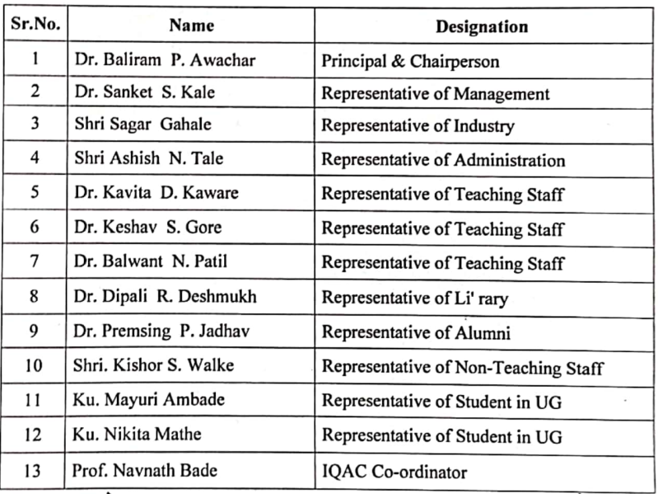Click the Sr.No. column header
[x=35, y=25]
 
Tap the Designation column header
[x=481, y=26]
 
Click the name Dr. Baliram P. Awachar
[x=149, y=60]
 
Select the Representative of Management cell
[x=435, y=93]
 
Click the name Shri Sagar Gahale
[x=142, y=125]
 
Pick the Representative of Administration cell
[x=443, y=160]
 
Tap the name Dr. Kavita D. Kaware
[x=156, y=193]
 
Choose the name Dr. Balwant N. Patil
[x=151, y=262]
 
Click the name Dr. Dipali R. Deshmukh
[x=165, y=297]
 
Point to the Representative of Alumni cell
[x=416, y=332]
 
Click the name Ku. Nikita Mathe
[x=137, y=435]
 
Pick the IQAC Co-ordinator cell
[x=394, y=472]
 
